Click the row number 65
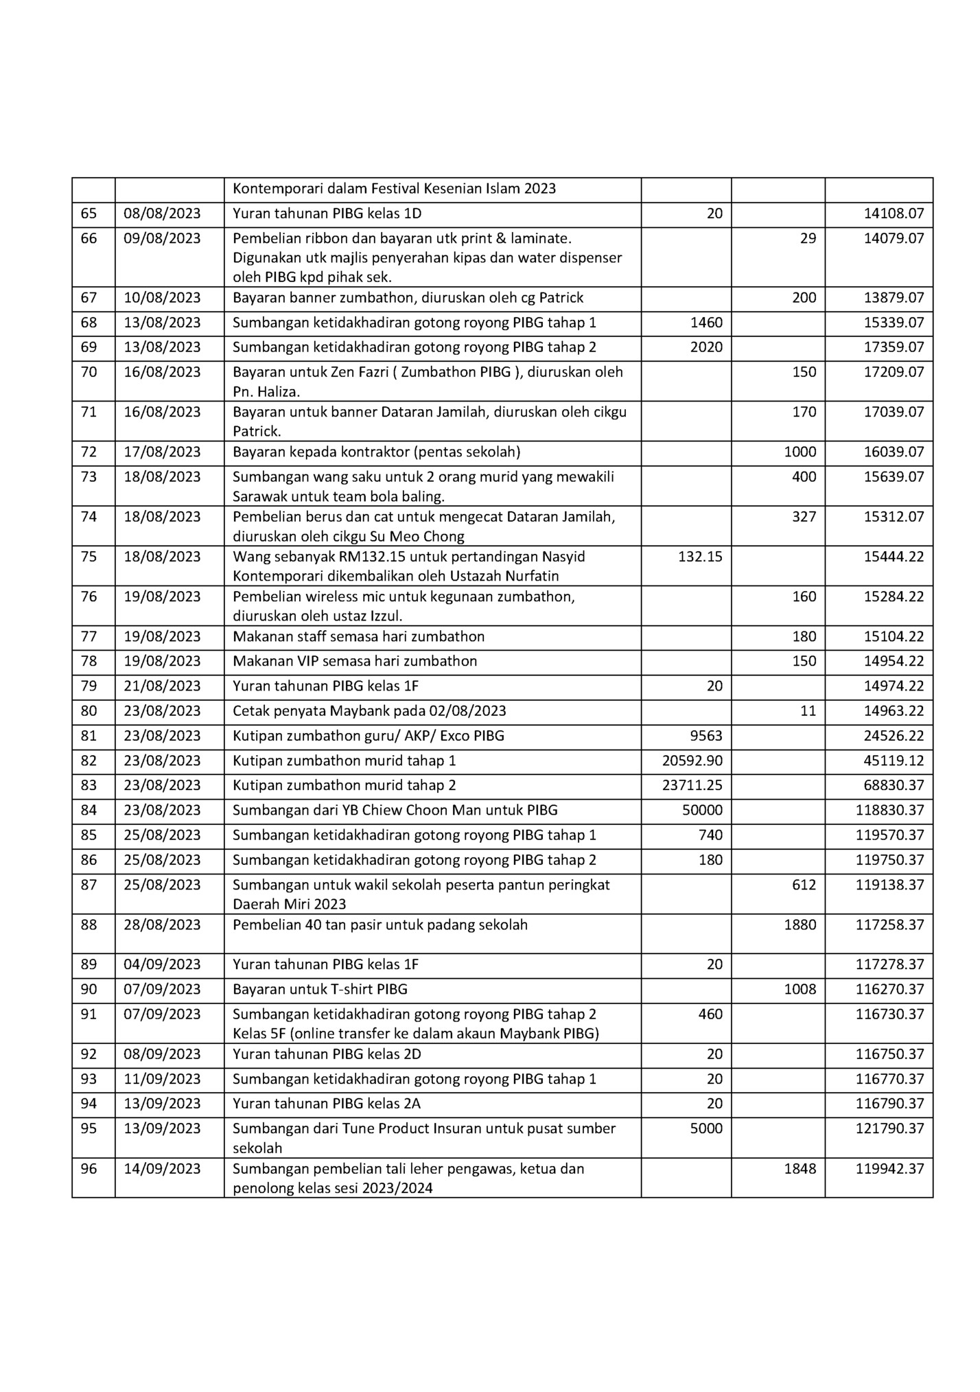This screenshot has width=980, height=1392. (89, 213)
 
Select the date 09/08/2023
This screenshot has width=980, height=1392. (162, 238)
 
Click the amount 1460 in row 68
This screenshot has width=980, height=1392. (706, 323)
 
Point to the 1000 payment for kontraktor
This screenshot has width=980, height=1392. (800, 452)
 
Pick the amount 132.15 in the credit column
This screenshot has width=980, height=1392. (700, 557)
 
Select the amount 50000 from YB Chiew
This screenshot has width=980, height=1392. (702, 810)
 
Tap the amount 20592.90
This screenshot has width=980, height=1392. (692, 761)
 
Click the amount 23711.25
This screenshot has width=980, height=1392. (692, 785)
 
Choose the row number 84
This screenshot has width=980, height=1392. (89, 810)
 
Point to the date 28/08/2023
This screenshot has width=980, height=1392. (162, 925)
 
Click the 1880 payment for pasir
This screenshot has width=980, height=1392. (800, 925)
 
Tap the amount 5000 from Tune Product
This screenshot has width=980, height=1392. (706, 1128)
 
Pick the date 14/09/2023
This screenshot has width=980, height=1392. (162, 1168)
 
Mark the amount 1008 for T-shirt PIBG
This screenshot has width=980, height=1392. (800, 989)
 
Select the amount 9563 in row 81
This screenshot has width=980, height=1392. (706, 736)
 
